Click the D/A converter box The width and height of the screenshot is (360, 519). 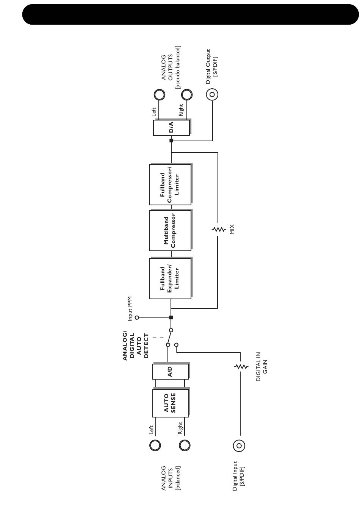[171, 128]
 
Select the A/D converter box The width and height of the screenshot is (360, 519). [170, 371]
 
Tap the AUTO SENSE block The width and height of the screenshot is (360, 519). [171, 403]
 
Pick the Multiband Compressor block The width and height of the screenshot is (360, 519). [170, 230]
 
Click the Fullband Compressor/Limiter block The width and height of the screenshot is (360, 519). [170, 184]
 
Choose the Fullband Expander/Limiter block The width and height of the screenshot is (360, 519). [170, 278]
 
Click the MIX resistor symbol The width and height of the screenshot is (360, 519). [218, 229]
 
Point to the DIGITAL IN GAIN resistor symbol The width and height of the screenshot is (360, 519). [240, 366]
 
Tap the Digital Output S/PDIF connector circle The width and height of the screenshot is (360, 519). [212, 94]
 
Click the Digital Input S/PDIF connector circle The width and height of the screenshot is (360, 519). [239, 446]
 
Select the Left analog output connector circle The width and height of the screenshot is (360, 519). [159, 94]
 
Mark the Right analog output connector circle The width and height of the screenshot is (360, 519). [186, 94]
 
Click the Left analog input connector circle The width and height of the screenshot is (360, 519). [155, 446]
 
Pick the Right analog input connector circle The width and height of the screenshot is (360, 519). [185, 446]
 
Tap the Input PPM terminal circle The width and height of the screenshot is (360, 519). [137, 317]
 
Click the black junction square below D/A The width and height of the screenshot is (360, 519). [171, 141]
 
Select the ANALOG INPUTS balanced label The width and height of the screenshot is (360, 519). [171, 478]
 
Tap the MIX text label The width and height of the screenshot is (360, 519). [232, 229]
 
